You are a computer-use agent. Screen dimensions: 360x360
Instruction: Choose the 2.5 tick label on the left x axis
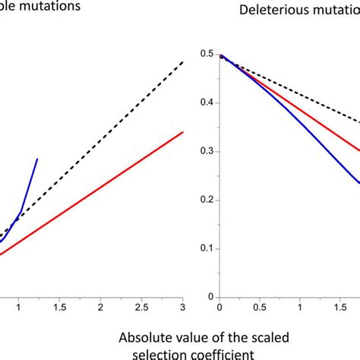click(142, 306)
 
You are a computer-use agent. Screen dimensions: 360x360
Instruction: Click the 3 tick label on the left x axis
click(183, 306)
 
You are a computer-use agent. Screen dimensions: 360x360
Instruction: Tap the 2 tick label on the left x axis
click(101, 306)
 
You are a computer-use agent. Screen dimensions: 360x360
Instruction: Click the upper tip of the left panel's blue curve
click(37, 159)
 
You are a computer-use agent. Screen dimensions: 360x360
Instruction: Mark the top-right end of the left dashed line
click(182, 62)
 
